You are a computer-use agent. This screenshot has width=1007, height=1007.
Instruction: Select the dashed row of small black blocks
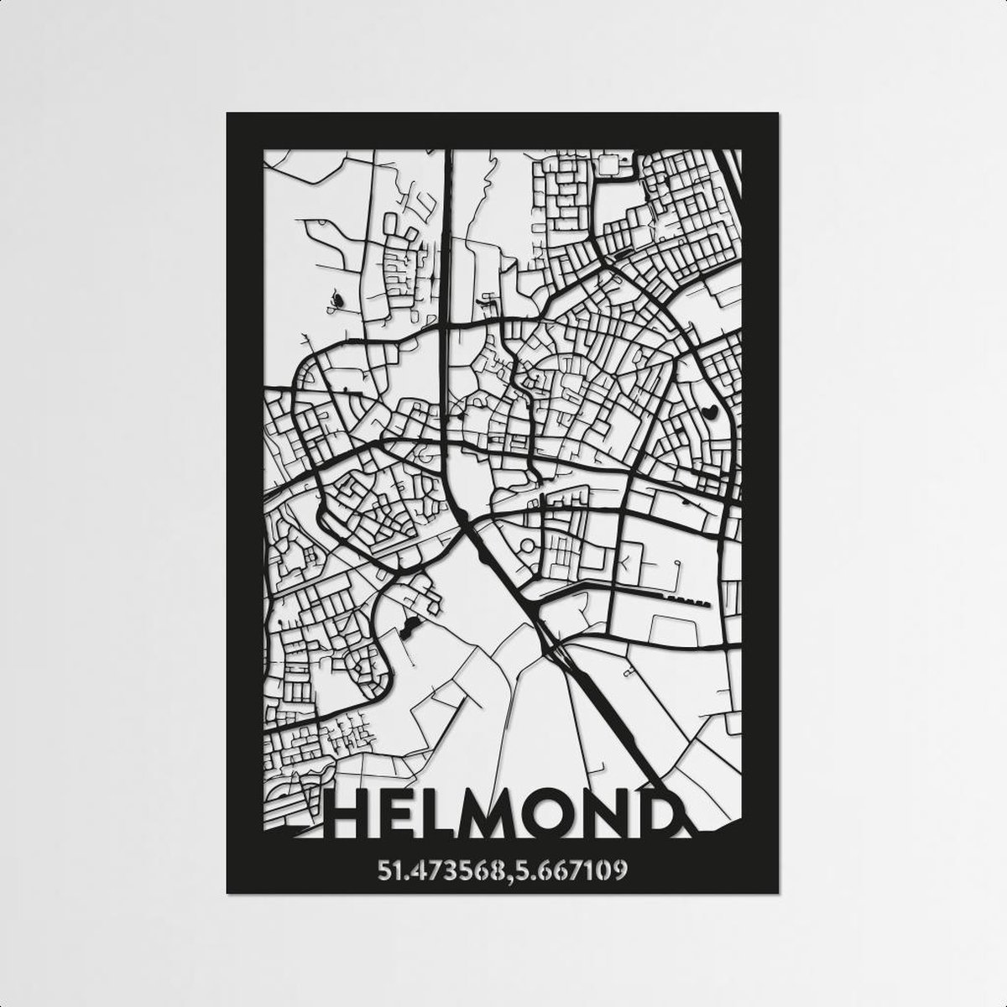[x=689, y=601]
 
